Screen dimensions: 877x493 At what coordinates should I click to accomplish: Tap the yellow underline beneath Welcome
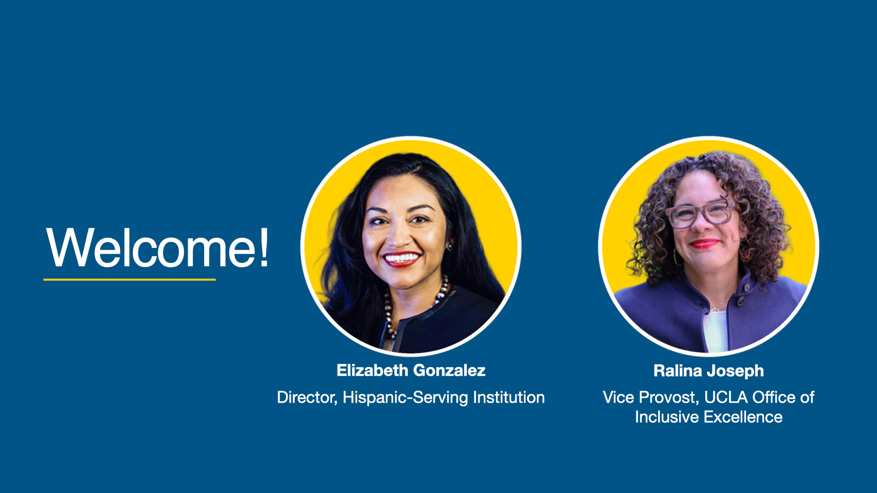click(x=129, y=279)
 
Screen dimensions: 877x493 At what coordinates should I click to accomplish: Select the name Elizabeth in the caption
click(x=372, y=370)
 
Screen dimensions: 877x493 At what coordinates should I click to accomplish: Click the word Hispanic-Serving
click(x=406, y=397)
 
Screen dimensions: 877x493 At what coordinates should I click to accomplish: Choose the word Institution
click(x=509, y=397)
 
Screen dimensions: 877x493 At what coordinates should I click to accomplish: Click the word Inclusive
click(x=667, y=417)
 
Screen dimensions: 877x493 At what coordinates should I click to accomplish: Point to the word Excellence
click(x=743, y=417)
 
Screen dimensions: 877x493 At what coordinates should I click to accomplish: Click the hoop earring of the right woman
click(x=677, y=257)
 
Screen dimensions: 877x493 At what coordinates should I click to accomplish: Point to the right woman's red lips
click(x=704, y=243)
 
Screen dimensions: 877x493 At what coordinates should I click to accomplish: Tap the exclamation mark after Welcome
click(x=264, y=246)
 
